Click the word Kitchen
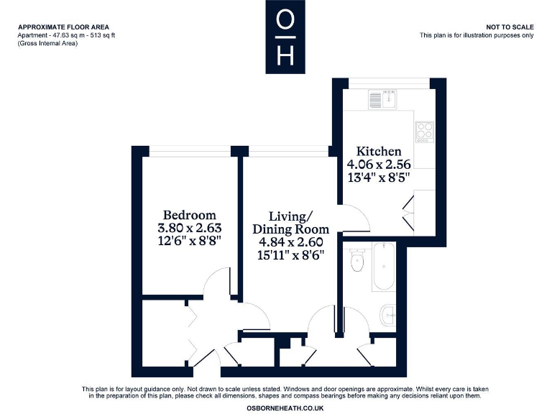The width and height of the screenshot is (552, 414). coord(379,151)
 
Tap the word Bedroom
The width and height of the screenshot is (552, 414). coord(189,215)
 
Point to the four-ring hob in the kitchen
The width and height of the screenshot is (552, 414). coord(424,132)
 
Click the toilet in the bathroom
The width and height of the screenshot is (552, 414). coord(356,262)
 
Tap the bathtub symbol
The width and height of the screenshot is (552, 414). coord(384,267)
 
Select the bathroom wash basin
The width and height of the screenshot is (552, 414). coord(389,313)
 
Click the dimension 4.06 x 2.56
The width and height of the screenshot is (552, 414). coord(379,165)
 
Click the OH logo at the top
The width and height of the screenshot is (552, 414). coord(285,37)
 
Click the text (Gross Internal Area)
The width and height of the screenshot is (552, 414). coord(47,44)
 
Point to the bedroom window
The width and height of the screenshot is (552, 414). coord(190,150)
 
